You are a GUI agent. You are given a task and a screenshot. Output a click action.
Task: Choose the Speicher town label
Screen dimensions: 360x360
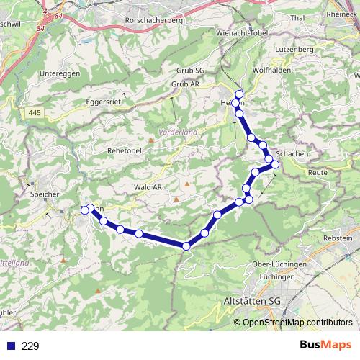pos(44,194)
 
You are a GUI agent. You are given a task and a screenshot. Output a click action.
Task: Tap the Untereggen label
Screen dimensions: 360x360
pos(59,73)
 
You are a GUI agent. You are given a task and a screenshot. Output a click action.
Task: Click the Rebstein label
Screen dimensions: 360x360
pos(338,238)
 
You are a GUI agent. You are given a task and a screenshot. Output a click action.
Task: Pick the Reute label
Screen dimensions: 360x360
pos(317,174)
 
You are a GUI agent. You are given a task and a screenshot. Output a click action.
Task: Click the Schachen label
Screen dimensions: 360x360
pos(292,155)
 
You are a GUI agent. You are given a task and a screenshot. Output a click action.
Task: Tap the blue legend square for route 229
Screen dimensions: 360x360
pos(10,346)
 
